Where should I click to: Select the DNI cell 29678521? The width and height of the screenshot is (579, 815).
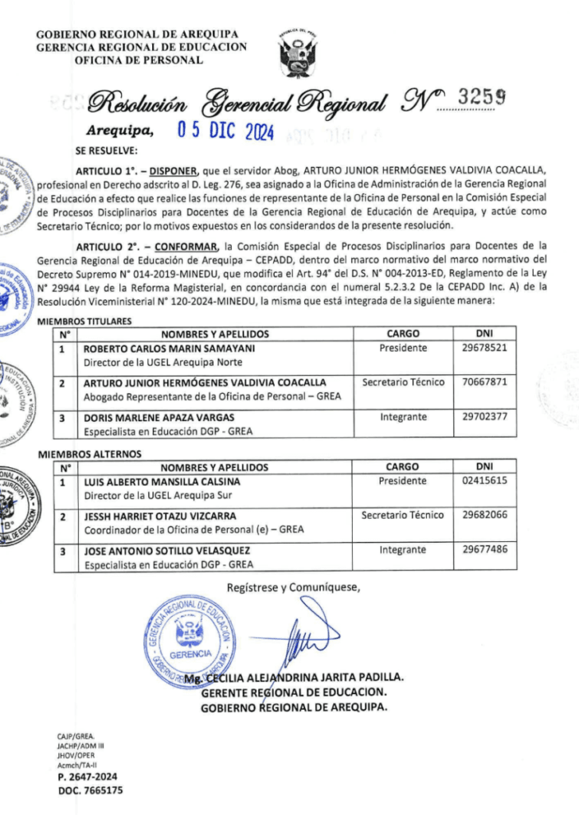[484, 349]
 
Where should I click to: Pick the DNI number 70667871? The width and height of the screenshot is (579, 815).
[484, 383]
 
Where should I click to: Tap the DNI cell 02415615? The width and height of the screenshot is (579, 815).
[484, 482]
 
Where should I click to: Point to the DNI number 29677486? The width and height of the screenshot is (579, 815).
[484, 550]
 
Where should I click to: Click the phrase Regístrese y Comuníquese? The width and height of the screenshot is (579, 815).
[293, 588]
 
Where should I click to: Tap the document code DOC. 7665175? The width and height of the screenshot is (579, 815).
[90, 790]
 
